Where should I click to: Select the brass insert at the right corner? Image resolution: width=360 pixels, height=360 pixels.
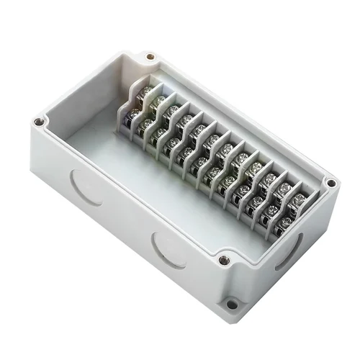pyautogui.click(x=330, y=183)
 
